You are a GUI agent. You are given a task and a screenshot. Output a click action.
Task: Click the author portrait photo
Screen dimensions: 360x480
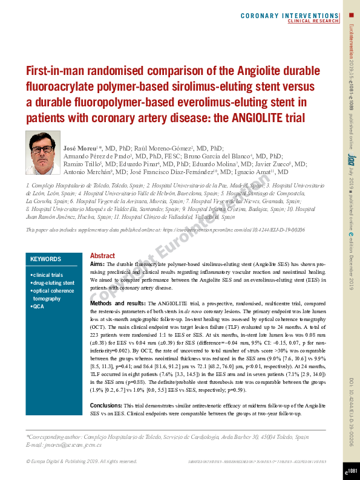tap(43, 154)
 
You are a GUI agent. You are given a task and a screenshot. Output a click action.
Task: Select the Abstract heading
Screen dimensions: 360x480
tap(102, 256)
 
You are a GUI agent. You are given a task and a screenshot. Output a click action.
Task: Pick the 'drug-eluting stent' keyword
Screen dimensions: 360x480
tap(54, 283)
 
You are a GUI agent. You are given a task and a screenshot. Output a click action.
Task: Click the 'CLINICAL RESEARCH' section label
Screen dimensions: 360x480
tap(313, 21)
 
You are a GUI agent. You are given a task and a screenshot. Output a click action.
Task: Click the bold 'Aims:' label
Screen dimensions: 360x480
tap(97, 264)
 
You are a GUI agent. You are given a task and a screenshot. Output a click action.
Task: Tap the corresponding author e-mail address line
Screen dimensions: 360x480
tap(64, 445)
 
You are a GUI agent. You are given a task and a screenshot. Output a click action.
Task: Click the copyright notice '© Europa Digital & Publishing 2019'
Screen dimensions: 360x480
tap(82, 462)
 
